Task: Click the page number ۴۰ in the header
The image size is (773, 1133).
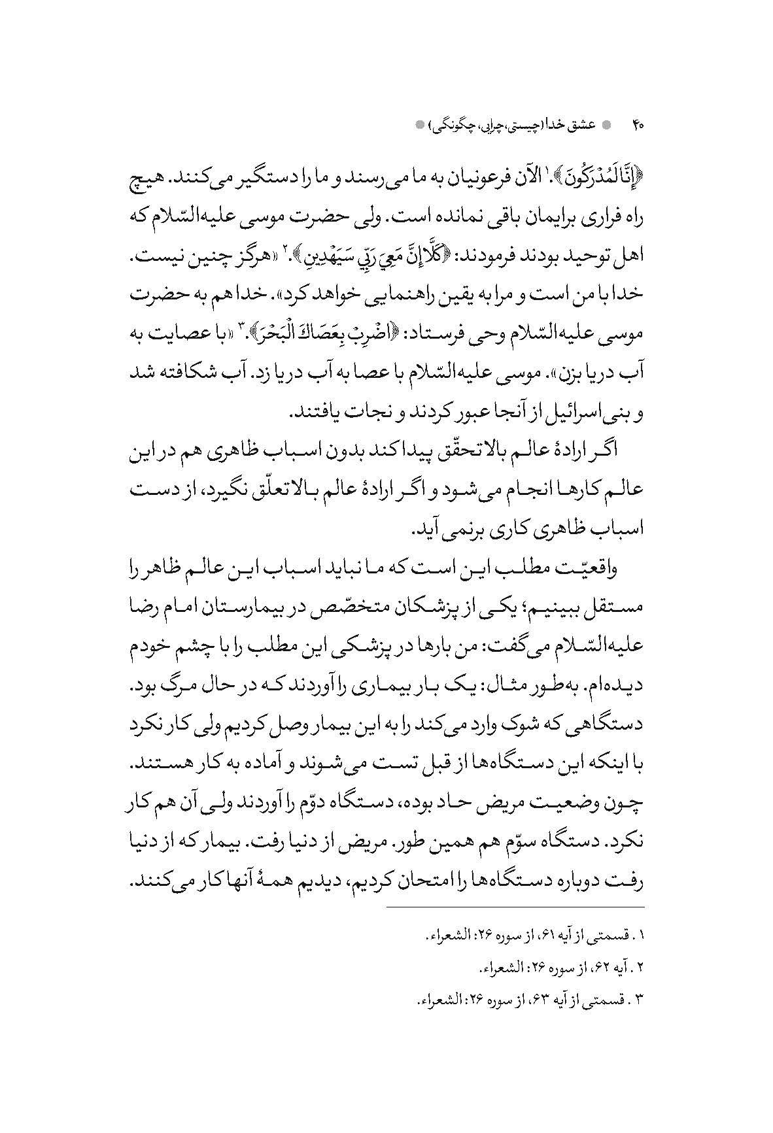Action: [x=638, y=124]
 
